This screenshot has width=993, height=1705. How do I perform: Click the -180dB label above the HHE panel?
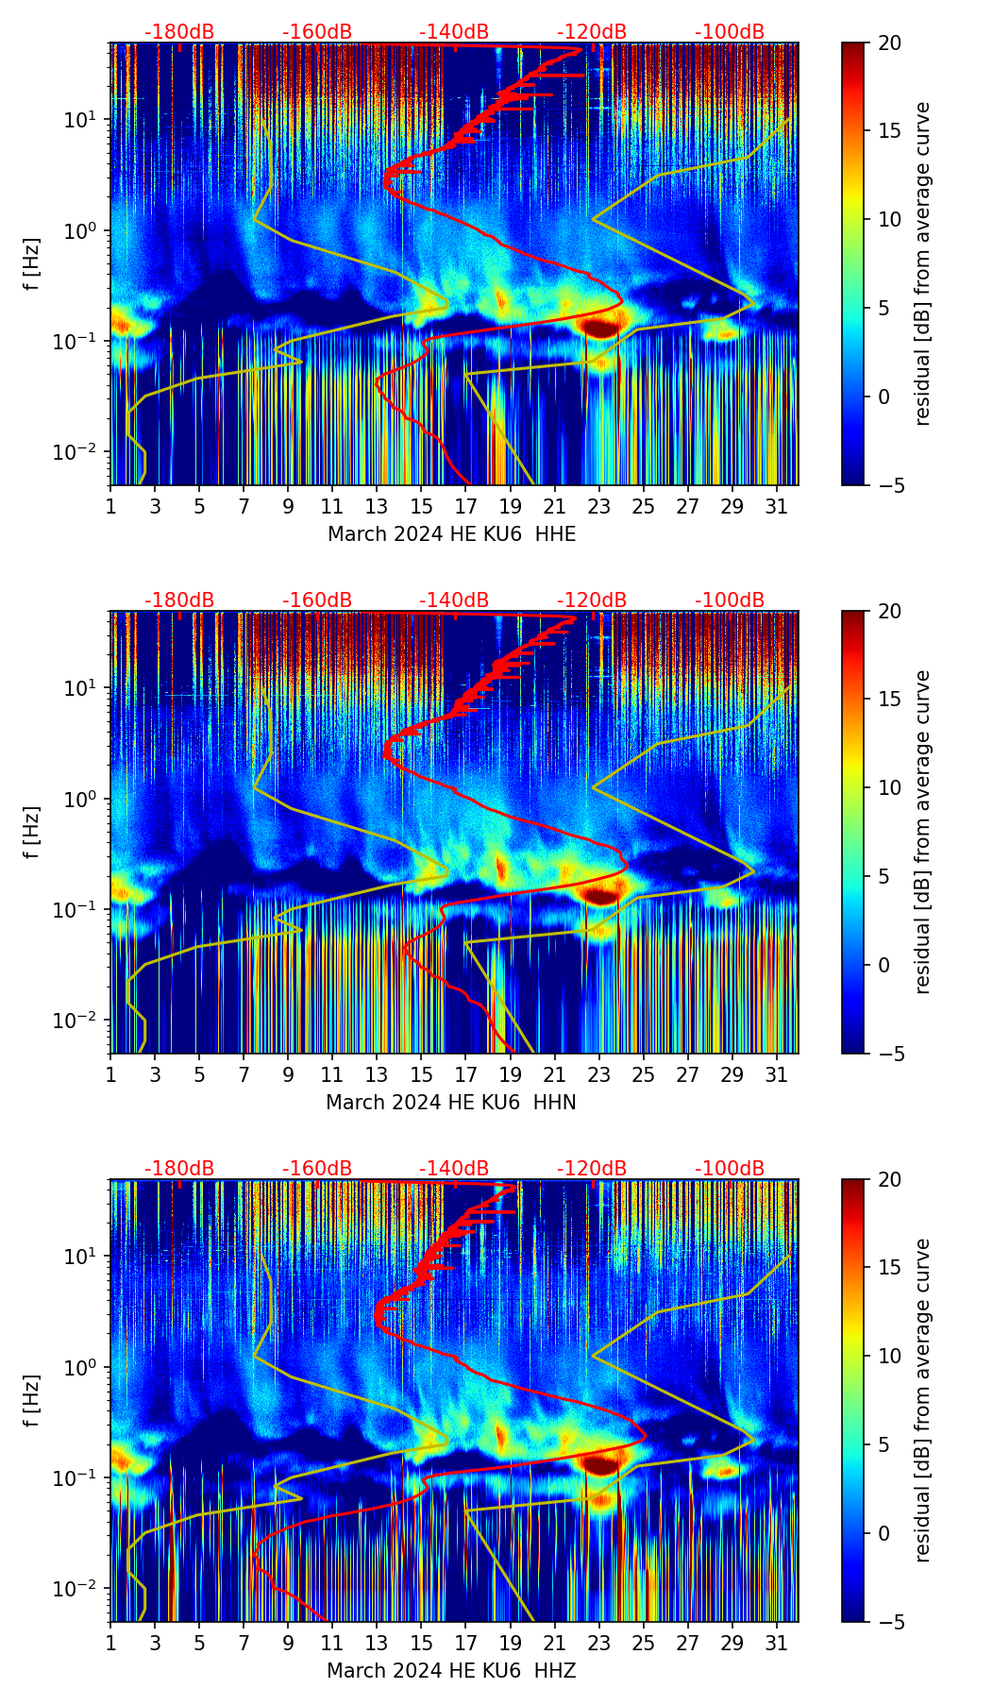click(179, 32)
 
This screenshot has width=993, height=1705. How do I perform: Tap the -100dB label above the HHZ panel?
click(730, 1169)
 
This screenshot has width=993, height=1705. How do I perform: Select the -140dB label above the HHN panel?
click(454, 600)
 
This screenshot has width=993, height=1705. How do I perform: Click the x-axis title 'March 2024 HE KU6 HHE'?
click(451, 534)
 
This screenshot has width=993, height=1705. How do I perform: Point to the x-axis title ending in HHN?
click(451, 1103)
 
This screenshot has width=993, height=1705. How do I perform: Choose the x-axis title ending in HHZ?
click(451, 1671)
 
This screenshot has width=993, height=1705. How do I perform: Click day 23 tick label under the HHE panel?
click(599, 507)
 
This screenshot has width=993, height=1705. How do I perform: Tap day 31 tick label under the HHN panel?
click(777, 1075)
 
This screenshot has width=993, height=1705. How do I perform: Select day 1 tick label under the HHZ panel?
click(111, 1644)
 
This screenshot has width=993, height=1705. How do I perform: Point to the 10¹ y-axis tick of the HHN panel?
click(88, 688)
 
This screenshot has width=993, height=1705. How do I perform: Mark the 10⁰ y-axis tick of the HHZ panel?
click(88, 1367)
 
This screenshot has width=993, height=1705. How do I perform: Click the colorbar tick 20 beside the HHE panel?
click(891, 42)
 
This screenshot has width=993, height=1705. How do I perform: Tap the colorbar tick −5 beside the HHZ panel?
click(887, 1622)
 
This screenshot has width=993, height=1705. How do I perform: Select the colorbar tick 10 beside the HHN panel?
click(891, 787)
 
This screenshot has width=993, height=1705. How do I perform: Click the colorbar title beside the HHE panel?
click(923, 263)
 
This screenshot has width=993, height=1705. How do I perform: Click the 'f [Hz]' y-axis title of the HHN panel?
click(32, 832)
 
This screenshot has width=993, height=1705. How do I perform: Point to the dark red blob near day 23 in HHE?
click(601, 328)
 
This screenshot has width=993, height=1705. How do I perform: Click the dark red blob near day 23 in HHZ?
click(601, 1464)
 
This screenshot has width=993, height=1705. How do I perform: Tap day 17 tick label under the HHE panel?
click(466, 507)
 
